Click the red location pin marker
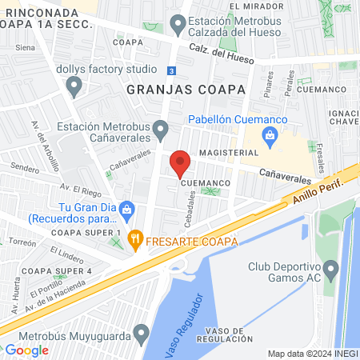(180, 162)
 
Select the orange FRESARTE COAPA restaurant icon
(136, 238)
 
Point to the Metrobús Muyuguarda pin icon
(142, 332)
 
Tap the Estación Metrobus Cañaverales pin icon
(160, 128)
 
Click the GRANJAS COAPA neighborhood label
(185, 90)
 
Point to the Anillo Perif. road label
(319, 194)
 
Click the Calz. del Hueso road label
(222, 53)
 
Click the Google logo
(26, 350)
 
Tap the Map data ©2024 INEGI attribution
(311, 354)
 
